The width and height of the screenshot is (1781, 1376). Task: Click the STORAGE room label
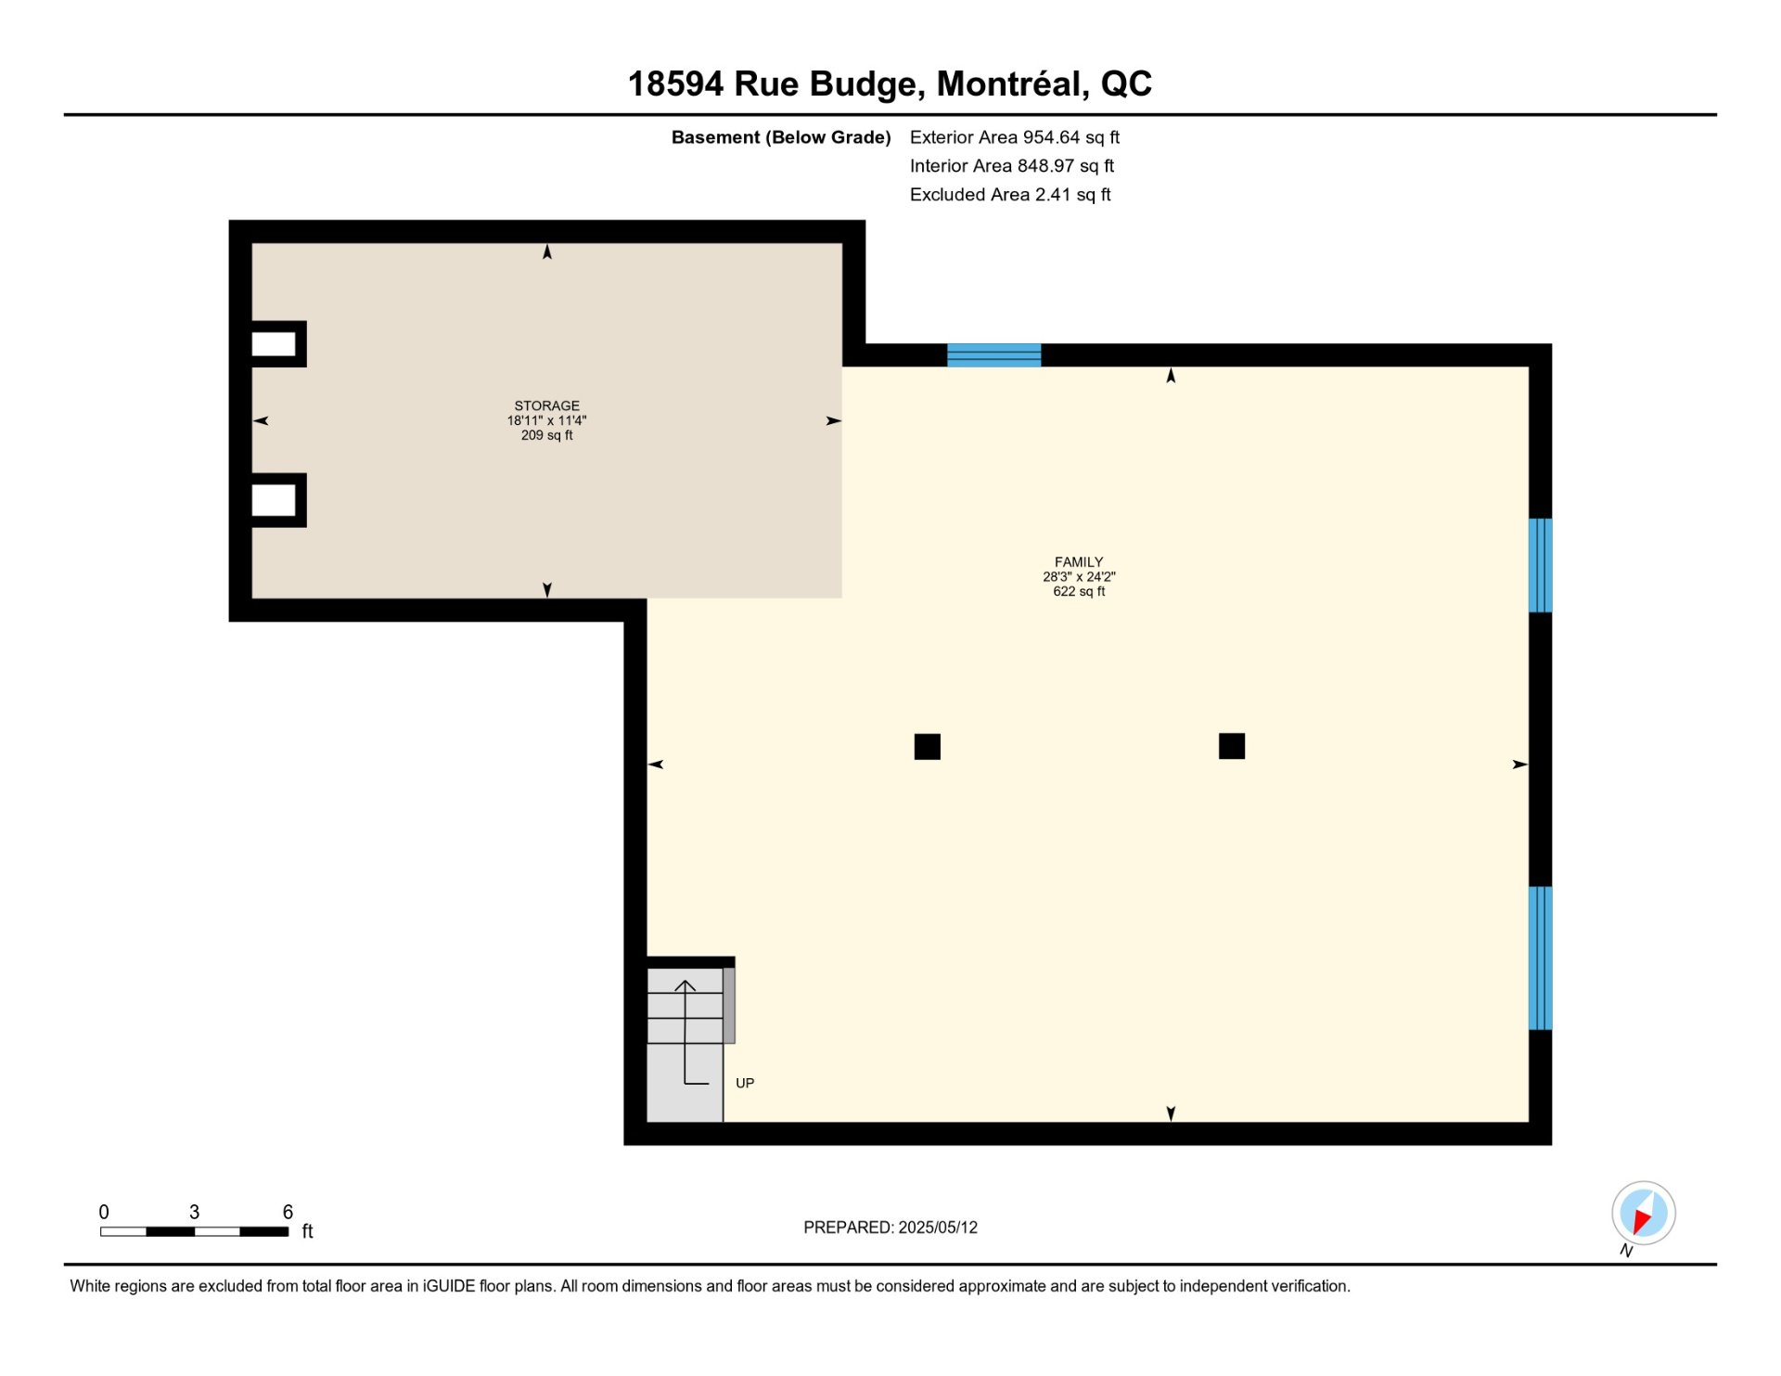tap(546, 405)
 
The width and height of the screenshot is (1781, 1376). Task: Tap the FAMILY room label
tap(1079, 561)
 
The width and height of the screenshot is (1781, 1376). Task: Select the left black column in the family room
tap(928, 747)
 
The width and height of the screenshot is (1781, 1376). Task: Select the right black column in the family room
tap(1232, 746)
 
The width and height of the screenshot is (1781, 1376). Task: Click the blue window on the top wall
tap(993, 355)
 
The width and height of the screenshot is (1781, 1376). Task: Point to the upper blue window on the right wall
tap(1541, 565)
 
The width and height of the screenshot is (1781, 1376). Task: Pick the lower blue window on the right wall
tap(1541, 958)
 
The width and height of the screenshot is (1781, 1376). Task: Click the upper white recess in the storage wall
tap(274, 344)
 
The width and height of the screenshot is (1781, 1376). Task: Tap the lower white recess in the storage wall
tap(274, 501)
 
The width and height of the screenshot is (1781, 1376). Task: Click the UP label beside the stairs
tap(745, 1083)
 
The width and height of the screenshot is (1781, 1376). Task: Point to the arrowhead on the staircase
tap(685, 985)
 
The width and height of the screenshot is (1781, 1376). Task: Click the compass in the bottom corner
tap(1644, 1213)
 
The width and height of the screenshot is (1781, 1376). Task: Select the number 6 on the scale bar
tap(288, 1212)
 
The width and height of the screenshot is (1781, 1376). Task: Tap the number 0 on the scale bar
tap(104, 1212)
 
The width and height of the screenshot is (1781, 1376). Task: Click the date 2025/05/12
tap(938, 1228)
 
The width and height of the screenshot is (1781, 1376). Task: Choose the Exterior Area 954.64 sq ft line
tap(1015, 137)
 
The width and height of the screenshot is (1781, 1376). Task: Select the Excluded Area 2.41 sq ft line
tap(1010, 195)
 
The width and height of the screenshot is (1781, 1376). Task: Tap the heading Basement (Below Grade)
tap(781, 137)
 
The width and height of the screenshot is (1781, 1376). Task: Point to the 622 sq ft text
tap(1079, 591)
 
